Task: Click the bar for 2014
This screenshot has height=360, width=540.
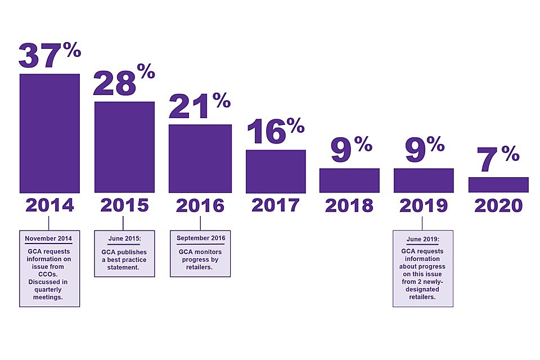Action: point(49,133)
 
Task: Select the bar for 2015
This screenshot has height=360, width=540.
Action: point(124,147)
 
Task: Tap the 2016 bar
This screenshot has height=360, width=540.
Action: point(200,158)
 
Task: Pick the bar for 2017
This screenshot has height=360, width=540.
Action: point(276,171)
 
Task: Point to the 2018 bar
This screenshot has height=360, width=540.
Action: point(349,181)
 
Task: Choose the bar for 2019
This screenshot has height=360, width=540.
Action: point(424,181)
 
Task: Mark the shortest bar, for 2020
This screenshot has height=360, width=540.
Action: point(498,185)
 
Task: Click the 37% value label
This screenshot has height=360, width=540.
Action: point(49,53)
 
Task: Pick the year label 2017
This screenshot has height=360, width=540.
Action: point(275,205)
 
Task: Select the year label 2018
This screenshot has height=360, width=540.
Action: point(349,205)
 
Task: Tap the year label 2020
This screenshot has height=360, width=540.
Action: point(498,205)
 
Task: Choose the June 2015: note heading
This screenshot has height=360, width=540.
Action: point(123,238)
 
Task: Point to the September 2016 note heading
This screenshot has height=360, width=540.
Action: point(201,238)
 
